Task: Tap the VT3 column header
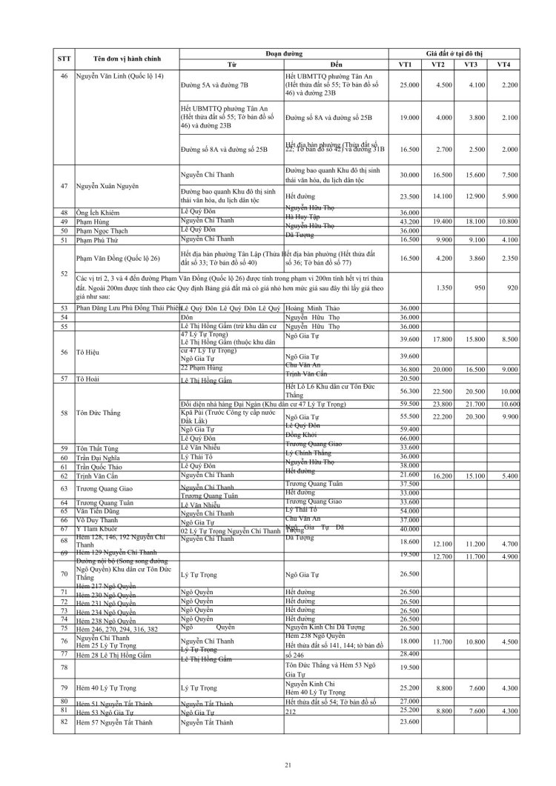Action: (470, 64)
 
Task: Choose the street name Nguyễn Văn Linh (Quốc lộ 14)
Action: (120, 76)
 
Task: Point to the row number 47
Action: (64, 184)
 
